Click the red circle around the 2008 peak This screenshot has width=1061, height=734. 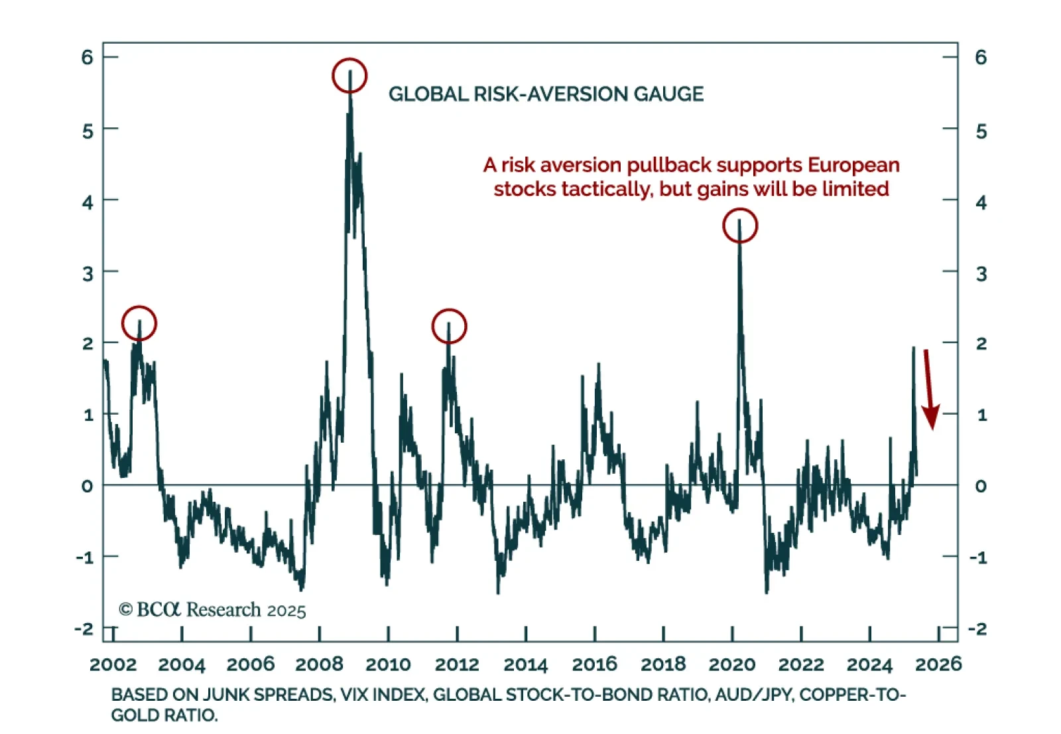point(349,75)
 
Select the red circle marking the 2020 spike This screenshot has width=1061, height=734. point(739,226)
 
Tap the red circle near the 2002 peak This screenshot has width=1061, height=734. point(139,323)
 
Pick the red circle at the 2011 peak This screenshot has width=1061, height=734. point(449,326)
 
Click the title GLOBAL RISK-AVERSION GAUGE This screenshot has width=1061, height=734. point(546,94)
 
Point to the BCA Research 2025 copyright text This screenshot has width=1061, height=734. point(212,609)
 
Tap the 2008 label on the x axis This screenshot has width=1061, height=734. point(319,664)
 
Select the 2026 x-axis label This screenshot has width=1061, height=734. point(938,664)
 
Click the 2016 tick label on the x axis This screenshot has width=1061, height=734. point(594,664)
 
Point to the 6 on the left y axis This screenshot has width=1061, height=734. point(88,58)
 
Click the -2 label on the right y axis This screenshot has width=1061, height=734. point(978,628)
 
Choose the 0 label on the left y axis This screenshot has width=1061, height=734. point(88,486)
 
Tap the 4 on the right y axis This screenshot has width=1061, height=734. point(981,202)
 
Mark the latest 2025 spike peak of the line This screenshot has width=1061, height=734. point(913,348)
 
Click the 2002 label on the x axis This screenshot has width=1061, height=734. point(113,664)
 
